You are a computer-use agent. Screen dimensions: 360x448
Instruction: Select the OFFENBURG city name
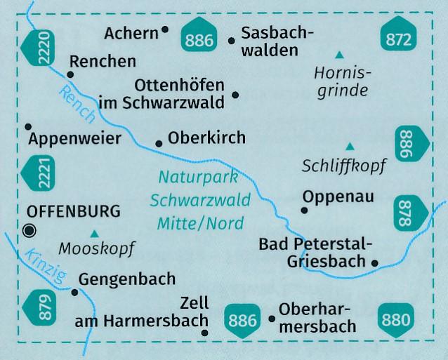72,211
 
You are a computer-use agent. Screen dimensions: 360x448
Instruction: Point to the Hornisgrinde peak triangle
339,54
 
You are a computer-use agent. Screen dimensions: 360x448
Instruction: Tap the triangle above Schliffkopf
350,146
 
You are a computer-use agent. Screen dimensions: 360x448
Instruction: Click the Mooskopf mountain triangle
95,234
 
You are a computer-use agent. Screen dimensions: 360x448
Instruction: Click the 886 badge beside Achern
199,40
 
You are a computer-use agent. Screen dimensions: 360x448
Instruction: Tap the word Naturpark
199,178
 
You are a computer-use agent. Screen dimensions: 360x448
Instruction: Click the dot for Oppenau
305,210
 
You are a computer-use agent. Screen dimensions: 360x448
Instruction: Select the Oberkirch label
207,138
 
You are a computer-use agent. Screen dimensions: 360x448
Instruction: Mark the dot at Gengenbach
74,291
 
